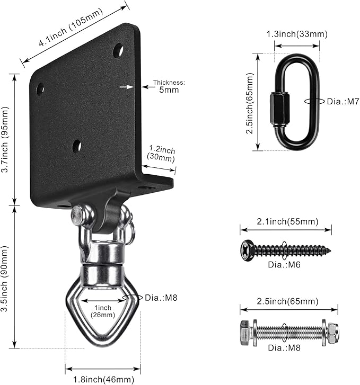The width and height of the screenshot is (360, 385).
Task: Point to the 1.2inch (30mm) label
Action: point(162,154)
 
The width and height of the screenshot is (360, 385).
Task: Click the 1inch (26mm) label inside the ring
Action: point(103,311)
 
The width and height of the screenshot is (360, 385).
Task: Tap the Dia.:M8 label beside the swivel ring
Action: point(161,298)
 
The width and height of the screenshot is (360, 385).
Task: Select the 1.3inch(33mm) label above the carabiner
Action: point(297,34)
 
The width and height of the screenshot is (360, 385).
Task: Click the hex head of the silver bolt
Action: point(245,332)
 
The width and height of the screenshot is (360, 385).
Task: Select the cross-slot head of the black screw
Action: point(247,249)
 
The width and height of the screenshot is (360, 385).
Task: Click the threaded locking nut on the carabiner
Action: point(278,110)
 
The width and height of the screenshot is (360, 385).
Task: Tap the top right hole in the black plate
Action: point(118,51)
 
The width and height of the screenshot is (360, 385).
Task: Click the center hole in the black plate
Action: point(77,145)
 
